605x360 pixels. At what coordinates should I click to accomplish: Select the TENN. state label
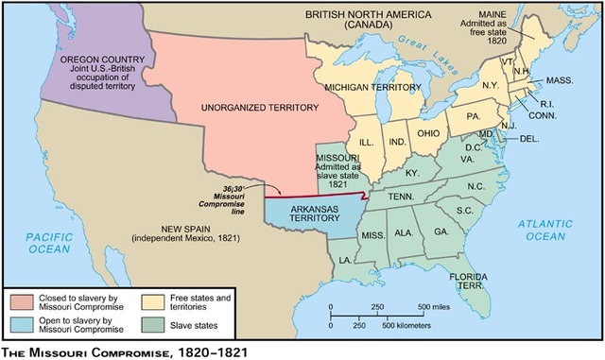[x=398, y=197]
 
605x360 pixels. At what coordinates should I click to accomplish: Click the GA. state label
[x=441, y=231]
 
